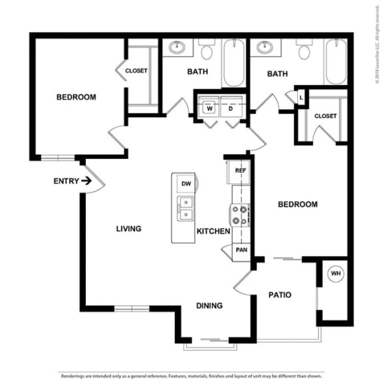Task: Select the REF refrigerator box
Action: click(240, 171)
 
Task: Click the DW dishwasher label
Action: click(186, 184)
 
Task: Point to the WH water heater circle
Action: click(336, 273)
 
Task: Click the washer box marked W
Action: click(209, 107)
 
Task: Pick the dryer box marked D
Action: click(231, 107)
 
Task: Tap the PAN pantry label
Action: click(241, 250)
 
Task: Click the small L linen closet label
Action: click(301, 98)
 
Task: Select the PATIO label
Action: click(280, 295)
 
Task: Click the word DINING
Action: click(209, 306)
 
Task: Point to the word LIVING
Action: click(128, 229)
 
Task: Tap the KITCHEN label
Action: click(213, 231)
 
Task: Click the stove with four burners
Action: click(239, 215)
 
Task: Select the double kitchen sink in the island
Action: click(186, 209)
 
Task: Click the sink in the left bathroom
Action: click(178, 48)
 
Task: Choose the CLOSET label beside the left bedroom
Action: click(136, 70)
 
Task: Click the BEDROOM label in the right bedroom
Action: click(297, 204)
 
